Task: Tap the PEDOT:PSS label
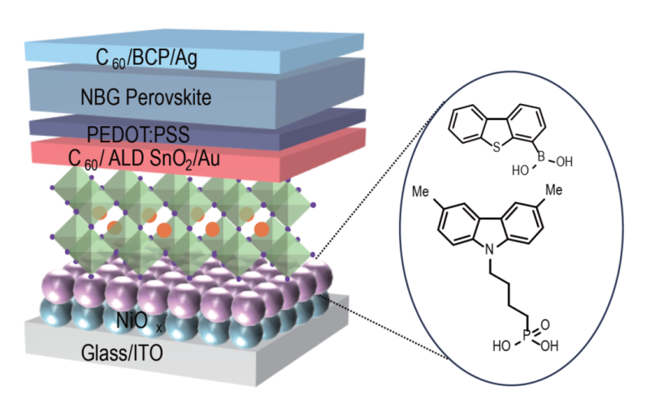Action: coord(149,132)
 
